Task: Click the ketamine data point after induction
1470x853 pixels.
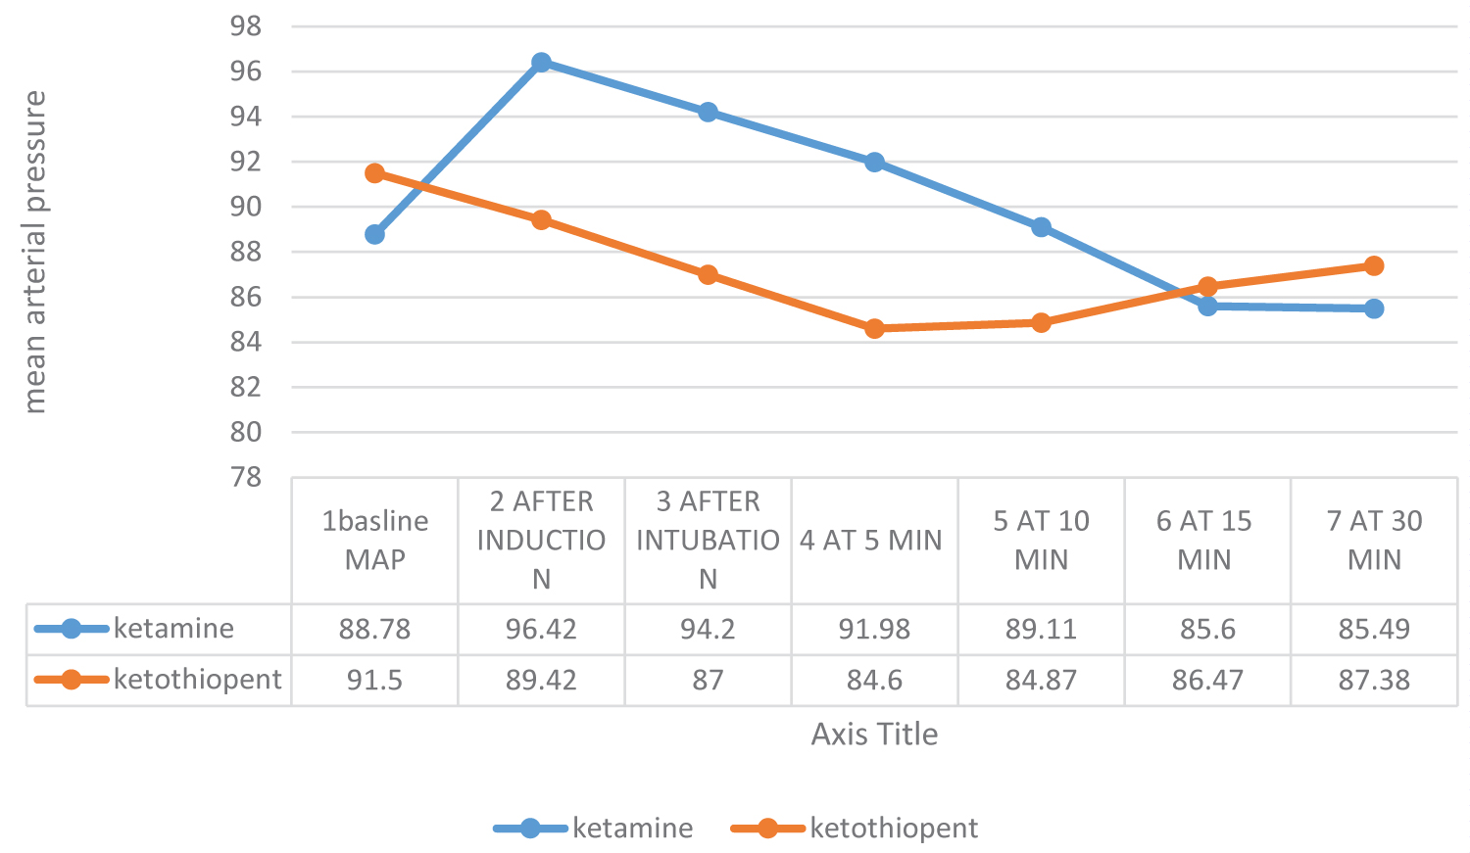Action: click(541, 63)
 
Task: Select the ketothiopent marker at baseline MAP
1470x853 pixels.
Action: click(374, 173)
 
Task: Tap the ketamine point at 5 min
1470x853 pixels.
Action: click(874, 163)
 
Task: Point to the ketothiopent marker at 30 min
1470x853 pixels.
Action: click(1374, 266)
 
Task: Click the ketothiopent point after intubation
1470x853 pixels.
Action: click(708, 275)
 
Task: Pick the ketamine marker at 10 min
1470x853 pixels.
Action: click(1041, 227)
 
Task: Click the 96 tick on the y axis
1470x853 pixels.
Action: click(246, 71)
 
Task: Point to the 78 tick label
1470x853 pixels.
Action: click(246, 477)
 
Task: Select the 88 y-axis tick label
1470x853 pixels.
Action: click(246, 252)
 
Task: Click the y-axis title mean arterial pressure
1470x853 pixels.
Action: click(35, 252)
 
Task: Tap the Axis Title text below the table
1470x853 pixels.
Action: click(874, 735)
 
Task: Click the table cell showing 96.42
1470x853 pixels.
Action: click(541, 629)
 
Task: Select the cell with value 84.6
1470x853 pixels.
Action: click(874, 680)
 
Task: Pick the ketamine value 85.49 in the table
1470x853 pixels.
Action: click(1374, 629)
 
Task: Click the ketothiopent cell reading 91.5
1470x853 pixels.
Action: click(374, 680)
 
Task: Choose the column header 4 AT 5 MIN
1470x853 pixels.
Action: click(870, 541)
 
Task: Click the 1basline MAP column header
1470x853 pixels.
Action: click(374, 541)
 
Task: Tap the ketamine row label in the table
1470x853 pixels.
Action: click(173, 628)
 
